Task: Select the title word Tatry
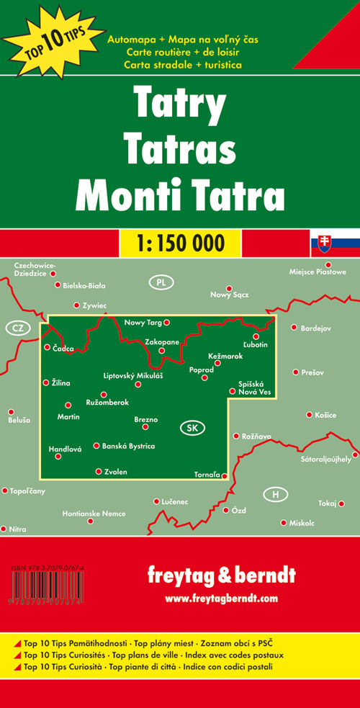tap(179, 106)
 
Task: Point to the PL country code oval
tap(161, 282)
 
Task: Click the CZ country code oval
tap(17, 328)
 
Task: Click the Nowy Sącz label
tap(229, 295)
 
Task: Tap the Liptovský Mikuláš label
tap(134, 376)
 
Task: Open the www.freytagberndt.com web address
tap(221, 598)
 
